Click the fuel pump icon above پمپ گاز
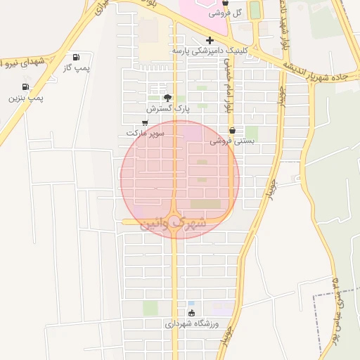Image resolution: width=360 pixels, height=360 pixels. click(x=76, y=58)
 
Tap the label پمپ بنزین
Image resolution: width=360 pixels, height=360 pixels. click(x=26, y=98)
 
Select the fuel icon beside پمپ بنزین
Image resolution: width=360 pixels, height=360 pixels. click(x=26, y=87)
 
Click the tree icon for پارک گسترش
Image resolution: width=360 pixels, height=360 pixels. click(x=167, y=98)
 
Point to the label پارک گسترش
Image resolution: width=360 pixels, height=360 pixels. click(x=168, y=109)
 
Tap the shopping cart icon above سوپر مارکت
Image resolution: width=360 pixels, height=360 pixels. click(x=145, y=122)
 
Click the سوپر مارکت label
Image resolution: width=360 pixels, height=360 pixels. click(x=146, y=132)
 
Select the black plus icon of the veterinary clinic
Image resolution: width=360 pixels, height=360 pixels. click(x=210, y=40)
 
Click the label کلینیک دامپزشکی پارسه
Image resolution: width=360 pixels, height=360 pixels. click(x=210, y=51)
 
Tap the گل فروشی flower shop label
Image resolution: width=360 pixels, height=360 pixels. click(x=228, y=13)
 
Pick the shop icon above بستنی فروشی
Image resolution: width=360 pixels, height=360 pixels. click(x=232, y=130)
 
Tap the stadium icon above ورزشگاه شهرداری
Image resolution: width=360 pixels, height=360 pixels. click(x=192, y=313)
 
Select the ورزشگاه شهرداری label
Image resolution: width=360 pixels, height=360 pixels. click(x=192, y=323)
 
